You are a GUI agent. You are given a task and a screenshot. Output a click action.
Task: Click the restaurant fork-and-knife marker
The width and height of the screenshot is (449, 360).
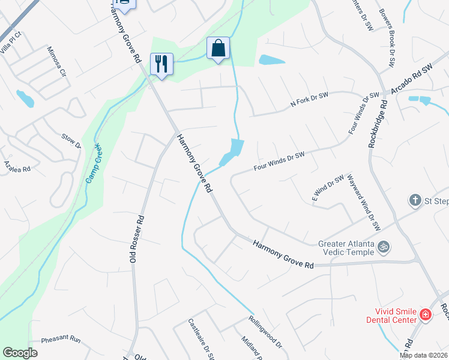click(x=161, y=64)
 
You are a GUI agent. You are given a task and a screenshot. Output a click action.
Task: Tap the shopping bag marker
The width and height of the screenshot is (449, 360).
click(x=218, y=48)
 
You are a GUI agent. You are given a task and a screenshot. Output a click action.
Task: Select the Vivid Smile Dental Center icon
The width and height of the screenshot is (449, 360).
click(x=425, y=314)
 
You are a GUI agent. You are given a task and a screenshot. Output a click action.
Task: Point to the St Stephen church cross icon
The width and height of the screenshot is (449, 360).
click(x=415, y=199)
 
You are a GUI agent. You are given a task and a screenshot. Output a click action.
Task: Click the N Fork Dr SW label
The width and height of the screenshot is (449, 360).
click(x=309, y=100)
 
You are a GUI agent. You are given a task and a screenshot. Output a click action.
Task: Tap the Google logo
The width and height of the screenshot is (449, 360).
click(x=20, y=353)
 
